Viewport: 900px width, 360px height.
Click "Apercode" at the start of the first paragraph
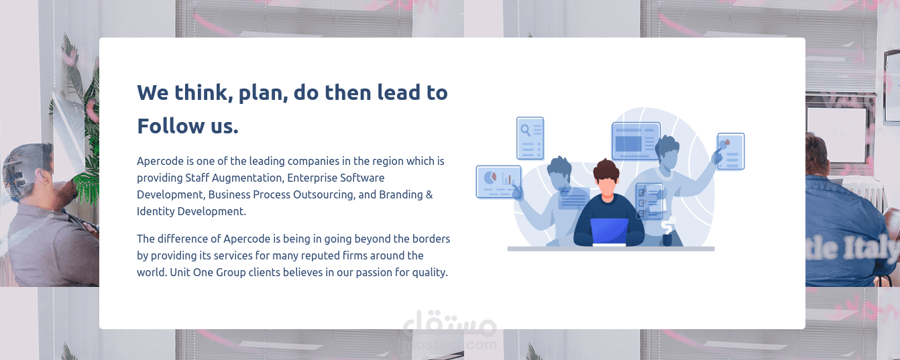point(160,162)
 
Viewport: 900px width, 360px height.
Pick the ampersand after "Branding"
point(429,195)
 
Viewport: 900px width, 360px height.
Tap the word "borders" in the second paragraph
point(429,239)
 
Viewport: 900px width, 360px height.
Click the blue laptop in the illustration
point(610,231)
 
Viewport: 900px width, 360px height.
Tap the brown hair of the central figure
point(606,168)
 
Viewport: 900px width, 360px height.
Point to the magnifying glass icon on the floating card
point(526,130)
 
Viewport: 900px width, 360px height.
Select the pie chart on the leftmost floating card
point(490,178)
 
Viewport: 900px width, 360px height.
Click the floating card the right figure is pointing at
point(730,151)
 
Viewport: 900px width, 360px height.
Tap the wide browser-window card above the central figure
point(635,141)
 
